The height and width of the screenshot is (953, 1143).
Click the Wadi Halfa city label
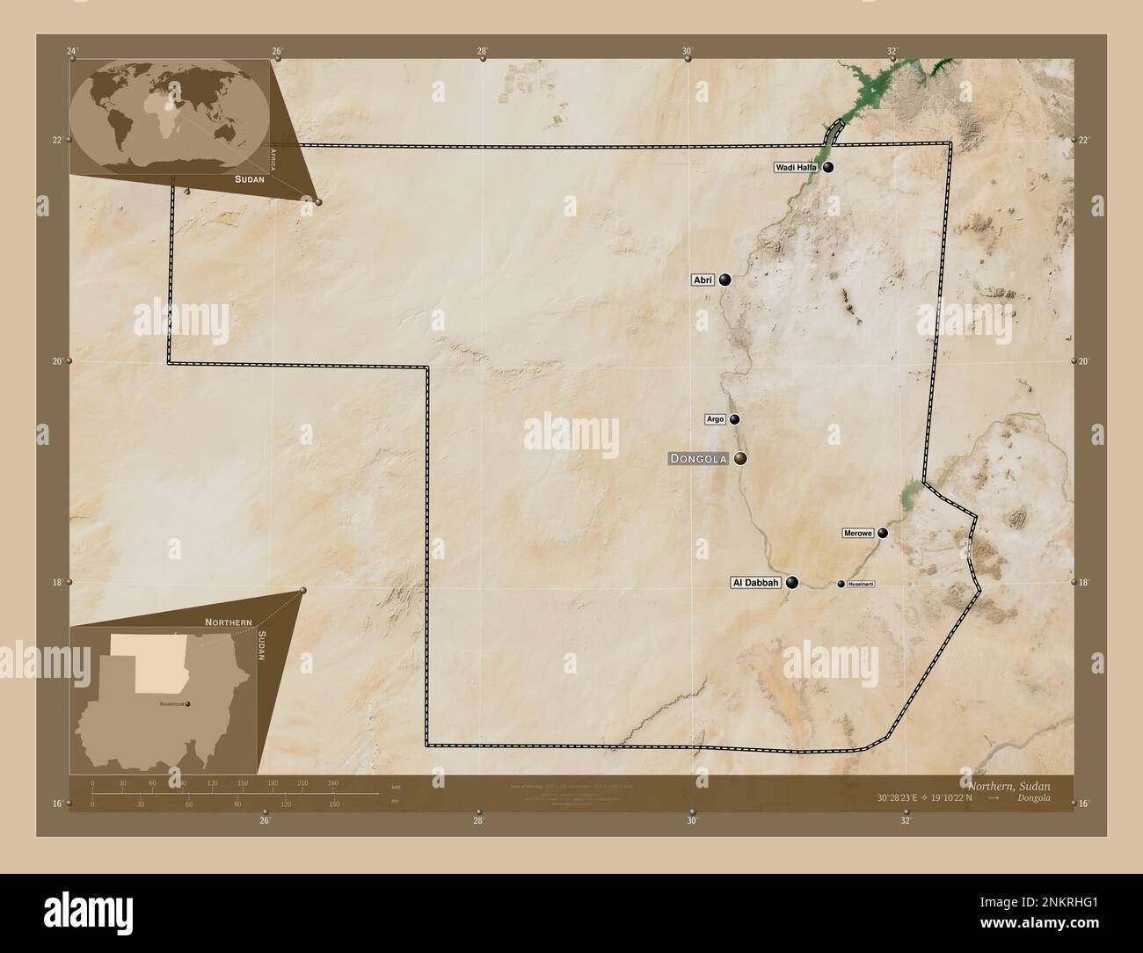(797, 167)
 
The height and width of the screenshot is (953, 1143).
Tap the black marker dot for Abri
(724, 280)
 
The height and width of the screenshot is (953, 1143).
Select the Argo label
(716, 419)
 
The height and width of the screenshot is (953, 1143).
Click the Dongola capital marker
(741, 458)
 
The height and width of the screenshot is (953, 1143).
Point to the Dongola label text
(698, 458)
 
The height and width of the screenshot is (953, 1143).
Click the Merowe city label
(857, 533)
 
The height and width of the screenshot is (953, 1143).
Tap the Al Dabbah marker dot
(792, 582)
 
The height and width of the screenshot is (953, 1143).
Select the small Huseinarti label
(861, 584)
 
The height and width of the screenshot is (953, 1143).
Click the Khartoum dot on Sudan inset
(186, 703)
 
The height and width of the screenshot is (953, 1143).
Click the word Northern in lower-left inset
(228, 622)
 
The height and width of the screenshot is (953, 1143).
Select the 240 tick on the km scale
(332, 782)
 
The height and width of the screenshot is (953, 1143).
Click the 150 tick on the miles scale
(333, 804)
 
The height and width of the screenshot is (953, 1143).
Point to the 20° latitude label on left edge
(58, 360)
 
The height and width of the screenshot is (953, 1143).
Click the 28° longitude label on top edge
(482, 51)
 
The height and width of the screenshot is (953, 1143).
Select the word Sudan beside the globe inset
(249, 178)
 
